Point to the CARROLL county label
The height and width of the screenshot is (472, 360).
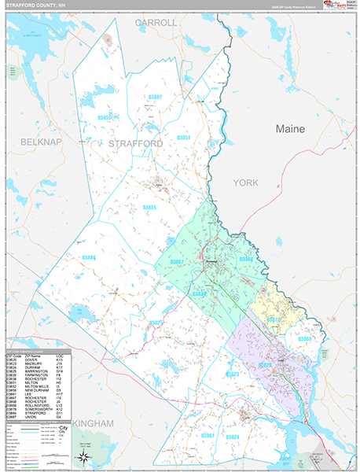(156, 23)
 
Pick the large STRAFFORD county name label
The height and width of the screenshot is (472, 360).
(135, 144)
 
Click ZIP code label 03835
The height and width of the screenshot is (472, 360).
(149, 207)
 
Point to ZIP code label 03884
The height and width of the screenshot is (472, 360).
(88, 257)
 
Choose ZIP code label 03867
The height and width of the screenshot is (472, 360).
(177, 261)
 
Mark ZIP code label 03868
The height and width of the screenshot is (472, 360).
(246, 259)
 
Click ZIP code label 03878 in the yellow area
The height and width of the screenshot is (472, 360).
(273, 320)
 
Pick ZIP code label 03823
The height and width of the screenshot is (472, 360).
(233, 374)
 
